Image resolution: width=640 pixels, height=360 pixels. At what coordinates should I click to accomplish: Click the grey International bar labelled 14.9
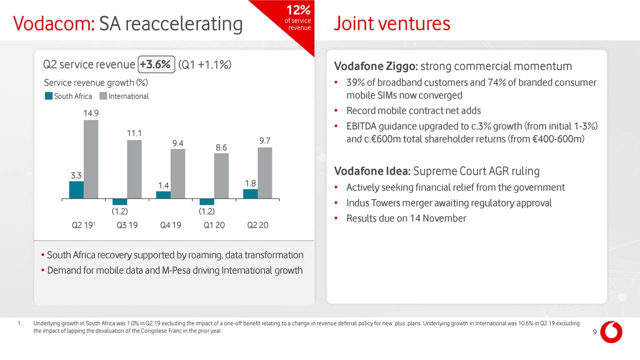click(x=90, y=159)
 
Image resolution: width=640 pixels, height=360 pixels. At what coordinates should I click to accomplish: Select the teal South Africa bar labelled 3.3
click(x=76, y=190)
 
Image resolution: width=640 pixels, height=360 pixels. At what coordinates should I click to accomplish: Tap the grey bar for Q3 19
click(x=134, y=169)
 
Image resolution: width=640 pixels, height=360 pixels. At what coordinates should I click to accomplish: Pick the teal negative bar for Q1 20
click(x=206, y=202)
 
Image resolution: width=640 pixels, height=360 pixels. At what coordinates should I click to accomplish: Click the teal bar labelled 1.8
click(x=250, y=194)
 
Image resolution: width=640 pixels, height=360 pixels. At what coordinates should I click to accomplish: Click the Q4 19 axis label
click(x=170, y=225)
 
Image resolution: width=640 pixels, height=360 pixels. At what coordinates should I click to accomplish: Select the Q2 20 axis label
click(x=257, y=225)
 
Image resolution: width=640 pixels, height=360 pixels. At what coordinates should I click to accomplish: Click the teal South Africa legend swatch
click(x=48, y=96)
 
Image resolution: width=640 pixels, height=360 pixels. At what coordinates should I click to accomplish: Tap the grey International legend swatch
click(x=103, y=96)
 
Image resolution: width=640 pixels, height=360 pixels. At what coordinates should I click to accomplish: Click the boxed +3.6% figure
click(x=156, y=64)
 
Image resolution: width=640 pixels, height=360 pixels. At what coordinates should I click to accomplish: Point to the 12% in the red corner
click(x=298, y=10)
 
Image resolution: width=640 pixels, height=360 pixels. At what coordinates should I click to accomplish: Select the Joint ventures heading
click(x=391, y=23)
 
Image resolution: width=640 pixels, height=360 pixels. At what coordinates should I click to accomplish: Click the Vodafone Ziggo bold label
click(x=376, y=66)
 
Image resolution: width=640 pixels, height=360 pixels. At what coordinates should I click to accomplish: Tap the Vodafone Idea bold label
click(x=371, y=171)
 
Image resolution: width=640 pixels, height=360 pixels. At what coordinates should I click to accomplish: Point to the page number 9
click(x=594, y=334)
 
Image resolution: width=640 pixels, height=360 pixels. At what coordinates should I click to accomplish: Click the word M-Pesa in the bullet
click(x=177, y=270)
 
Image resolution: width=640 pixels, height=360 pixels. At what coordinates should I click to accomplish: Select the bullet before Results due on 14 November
click(x=337, y=218)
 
